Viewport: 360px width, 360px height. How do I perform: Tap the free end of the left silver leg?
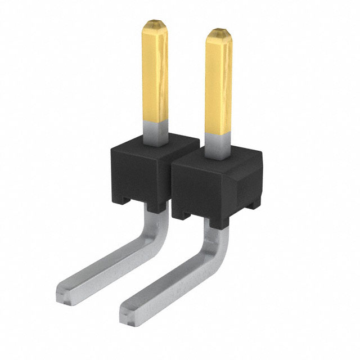(65, 292)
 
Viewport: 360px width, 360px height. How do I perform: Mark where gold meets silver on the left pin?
(155, 120)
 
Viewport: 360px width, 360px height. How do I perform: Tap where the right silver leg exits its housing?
(219, 222)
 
